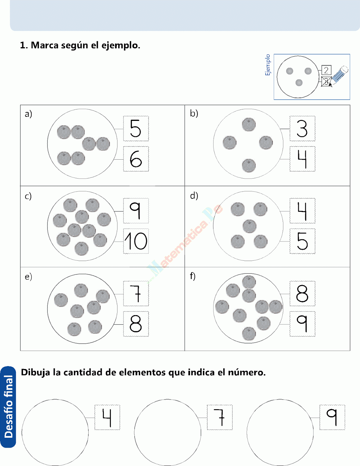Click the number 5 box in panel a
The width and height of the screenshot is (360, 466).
click(x=136, y=128)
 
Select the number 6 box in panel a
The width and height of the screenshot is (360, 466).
click(x=136, y=159)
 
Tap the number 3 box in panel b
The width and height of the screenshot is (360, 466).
click(x=302, y=128)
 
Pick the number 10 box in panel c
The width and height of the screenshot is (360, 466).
click(x=136, y=241)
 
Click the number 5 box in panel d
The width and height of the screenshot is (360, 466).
click(x=302, y=241)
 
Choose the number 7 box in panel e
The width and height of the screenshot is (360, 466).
click(x=136, y=293)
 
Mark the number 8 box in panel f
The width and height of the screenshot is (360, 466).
click(x=302, y=293)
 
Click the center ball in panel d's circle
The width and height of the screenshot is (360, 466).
click(x=250, y=226)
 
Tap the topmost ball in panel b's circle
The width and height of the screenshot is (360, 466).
click(x=249, y=125)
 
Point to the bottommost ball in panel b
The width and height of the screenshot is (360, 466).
click(x=249, y=165)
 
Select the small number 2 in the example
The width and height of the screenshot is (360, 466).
click(x=326, y=70)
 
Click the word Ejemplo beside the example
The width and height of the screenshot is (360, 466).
click(x=268, y=65)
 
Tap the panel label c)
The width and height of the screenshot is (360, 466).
click(x=28, y=196)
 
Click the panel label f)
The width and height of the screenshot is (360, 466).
click(x=193, y=276)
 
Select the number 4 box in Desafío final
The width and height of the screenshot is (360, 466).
click(x=107, y=417)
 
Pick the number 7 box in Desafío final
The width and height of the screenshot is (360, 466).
click(x=220, y=417)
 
